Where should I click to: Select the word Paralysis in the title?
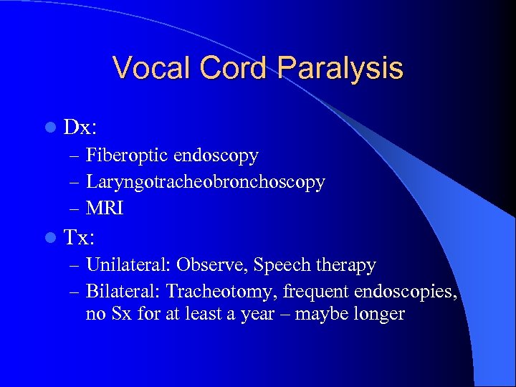pos(340,68)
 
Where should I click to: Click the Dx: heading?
pos(80,128)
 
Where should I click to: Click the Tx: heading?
pos(80,237)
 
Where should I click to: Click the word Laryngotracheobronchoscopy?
pos(206,182)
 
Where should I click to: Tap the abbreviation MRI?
pos(105,209)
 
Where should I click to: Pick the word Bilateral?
pos(123,292)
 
